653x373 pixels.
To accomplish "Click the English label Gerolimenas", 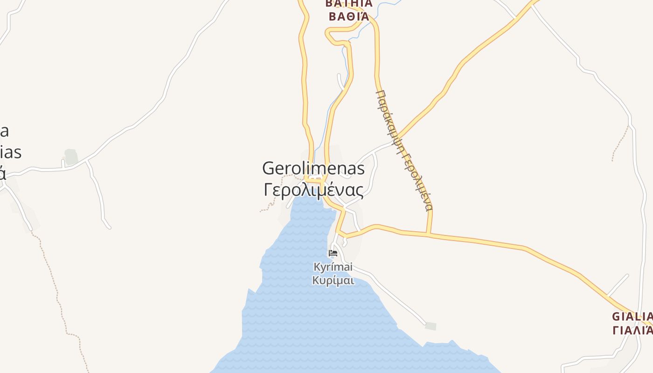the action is [x=313, y=168].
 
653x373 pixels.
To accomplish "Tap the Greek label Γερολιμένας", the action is [x=313, y=190].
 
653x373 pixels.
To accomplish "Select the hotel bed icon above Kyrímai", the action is [x=333, y=253].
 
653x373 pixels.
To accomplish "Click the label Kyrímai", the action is [x=333, y=267].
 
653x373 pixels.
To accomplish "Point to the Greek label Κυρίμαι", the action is [x=333, y=280].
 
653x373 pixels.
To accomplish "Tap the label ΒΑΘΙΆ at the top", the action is [x=349, y=16].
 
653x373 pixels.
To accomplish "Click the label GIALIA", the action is [x=632, y=316].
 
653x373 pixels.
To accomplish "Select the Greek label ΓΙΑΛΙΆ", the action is [x=632, y=330].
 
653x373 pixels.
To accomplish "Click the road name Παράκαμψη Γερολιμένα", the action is [x=404, y=149].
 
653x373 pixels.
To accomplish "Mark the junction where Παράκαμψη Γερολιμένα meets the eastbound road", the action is [x=428, y=234].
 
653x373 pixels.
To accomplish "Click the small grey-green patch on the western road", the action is [x=71, y=157].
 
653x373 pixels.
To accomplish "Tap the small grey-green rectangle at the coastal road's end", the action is [x=431, y=326].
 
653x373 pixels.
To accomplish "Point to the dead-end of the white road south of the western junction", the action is [x=109, y=228].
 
